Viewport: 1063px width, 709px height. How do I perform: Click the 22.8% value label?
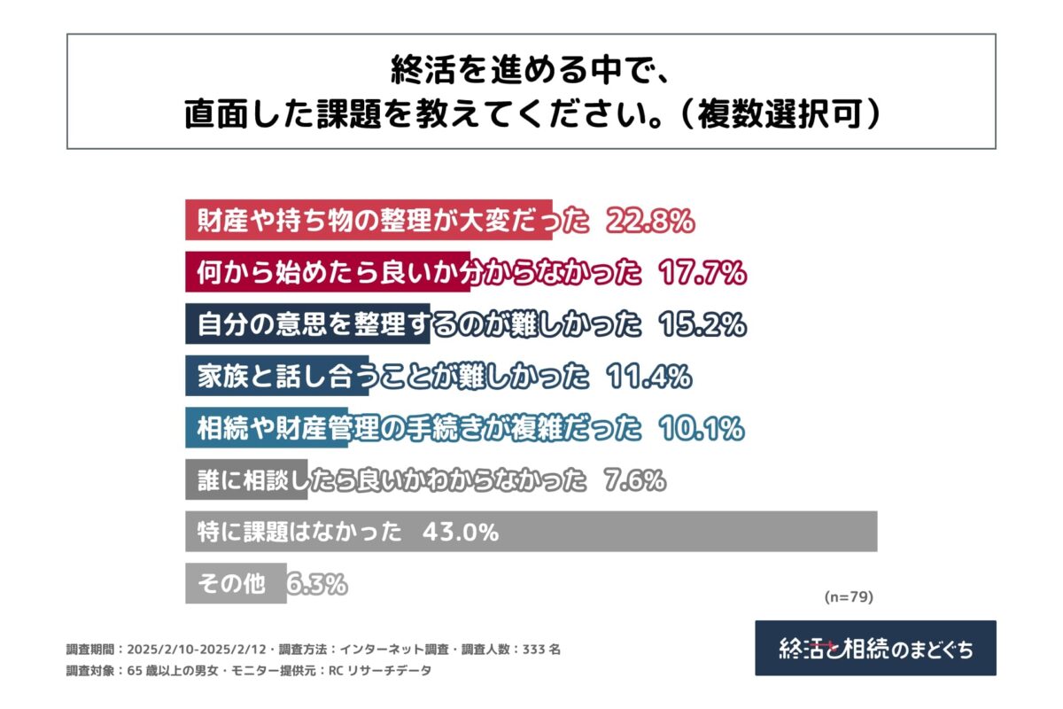(649, 222)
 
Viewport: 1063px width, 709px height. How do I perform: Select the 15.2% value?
(702, 325)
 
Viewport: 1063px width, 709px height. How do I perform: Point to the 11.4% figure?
(649, 378)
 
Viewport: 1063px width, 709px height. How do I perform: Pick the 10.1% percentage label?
(702, 429)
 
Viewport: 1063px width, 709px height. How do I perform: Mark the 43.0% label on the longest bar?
(461, 533)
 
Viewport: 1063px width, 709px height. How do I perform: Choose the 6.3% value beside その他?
(316, 585)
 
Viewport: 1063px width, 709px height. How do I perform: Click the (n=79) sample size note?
(849, 597)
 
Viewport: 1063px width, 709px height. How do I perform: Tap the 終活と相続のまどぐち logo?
(875, 648)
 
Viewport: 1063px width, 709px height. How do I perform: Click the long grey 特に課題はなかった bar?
(691, 532)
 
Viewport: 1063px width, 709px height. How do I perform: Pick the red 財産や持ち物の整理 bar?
(368, 222)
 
